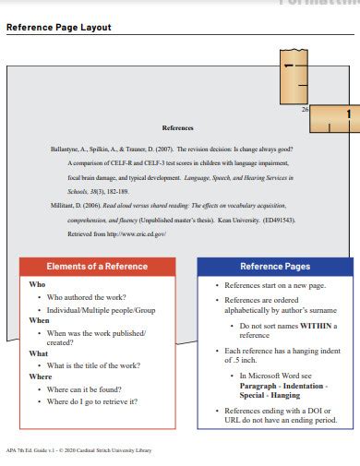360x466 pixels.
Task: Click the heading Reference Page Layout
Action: point(59,28)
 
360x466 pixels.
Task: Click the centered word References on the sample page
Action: point(177,128)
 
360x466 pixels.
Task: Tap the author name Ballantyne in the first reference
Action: point(68,148)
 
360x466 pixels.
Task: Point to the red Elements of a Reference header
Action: point(97,267)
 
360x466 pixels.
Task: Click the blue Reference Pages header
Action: point(275,267)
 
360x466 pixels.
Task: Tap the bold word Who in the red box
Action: point(37,285)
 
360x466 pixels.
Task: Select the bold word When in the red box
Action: point(40,319)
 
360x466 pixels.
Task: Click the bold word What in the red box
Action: point(39,353)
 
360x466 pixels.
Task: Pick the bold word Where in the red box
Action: point(41,376)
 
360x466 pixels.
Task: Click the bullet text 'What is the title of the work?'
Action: point(95,365)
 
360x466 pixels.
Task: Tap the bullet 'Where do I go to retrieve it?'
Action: point(92,400)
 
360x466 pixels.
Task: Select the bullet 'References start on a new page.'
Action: point(276,287)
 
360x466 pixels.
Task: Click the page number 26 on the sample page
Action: point(305,109)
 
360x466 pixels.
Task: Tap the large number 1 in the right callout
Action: point(347,114)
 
